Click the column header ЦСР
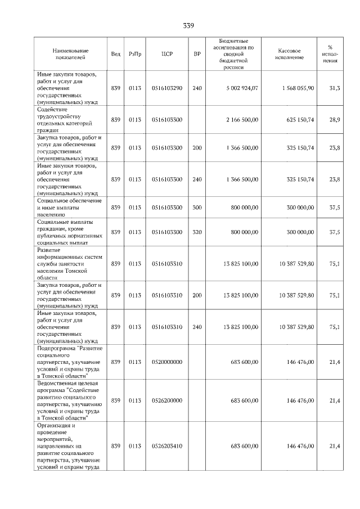point(166,54)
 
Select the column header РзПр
point(135,54)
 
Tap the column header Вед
point(115,54)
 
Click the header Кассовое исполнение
point(290,54)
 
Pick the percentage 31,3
point(334,88)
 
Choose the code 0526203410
point(167,446)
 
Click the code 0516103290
point(167,88)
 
